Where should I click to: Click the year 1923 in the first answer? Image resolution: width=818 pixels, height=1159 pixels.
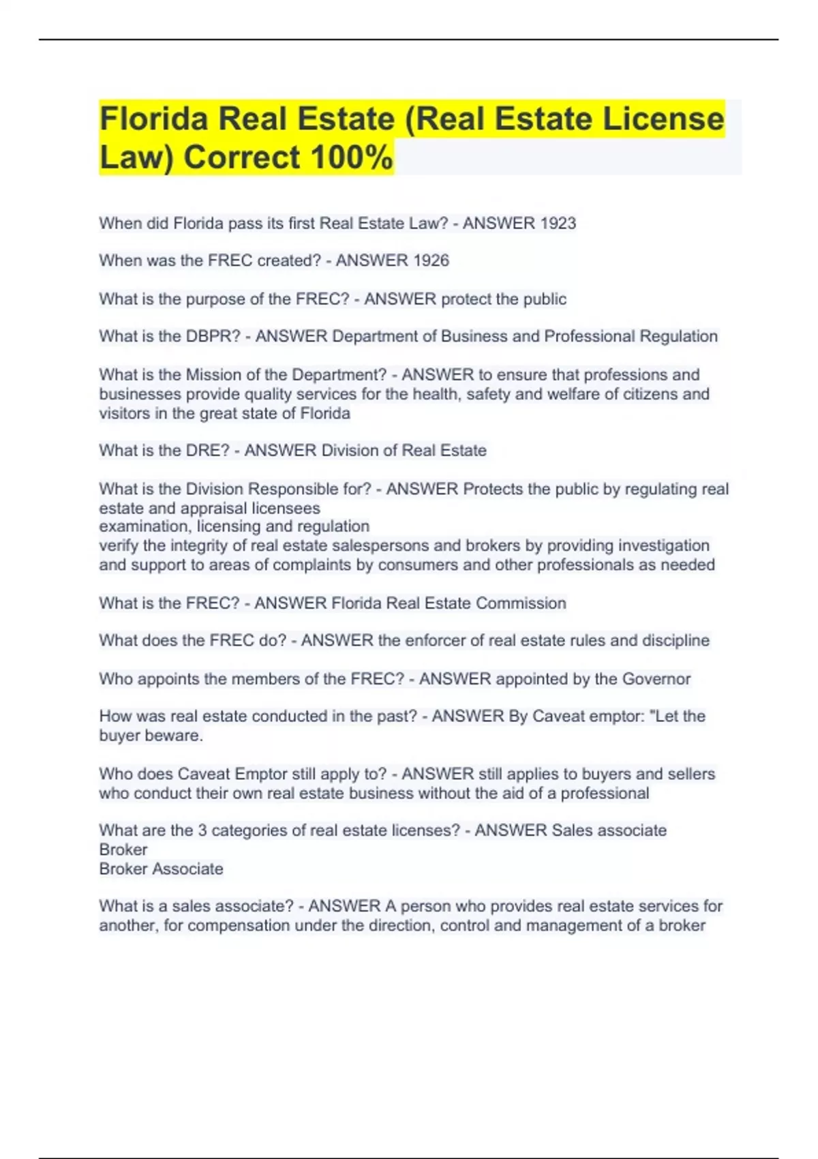[x=558, y=224]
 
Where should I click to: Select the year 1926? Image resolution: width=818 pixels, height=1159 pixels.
[x=431, y=260]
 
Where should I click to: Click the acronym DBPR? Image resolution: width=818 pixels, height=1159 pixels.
[x=213, y=337]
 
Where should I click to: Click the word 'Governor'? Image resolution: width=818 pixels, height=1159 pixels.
[x=656, y=679]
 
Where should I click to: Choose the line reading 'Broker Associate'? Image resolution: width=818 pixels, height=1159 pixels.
[x=161, y=869]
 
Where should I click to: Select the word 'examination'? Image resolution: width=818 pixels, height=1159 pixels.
[x=145, y=526]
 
